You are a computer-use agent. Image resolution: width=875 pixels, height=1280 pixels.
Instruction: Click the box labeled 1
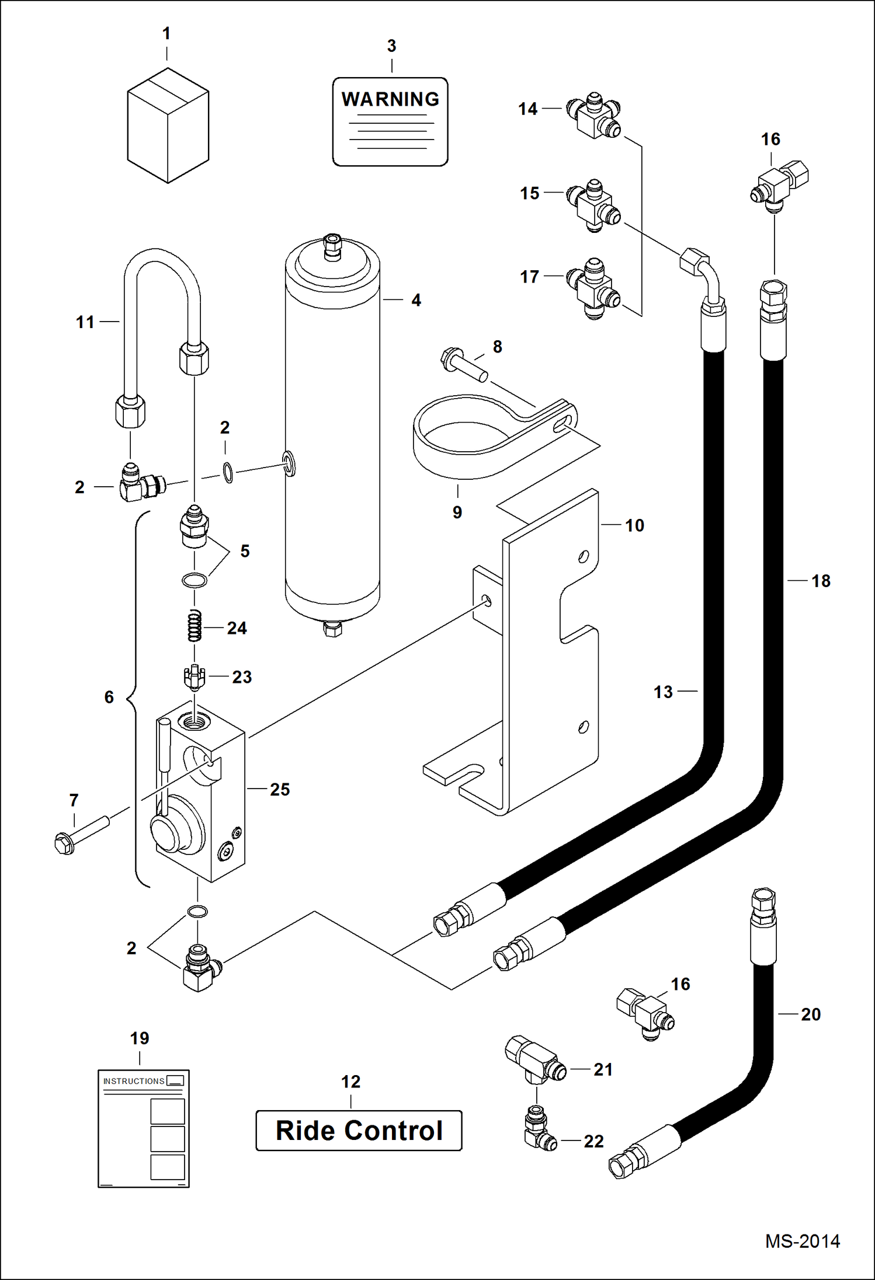click(x=168, y=125)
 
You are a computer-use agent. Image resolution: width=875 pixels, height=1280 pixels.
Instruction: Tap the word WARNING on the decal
click(x=390, y=99)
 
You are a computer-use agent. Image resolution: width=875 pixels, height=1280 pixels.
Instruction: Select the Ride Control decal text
click(x=359, y=1131)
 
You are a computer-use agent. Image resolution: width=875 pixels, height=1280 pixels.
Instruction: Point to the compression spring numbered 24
click(x=194, y=626)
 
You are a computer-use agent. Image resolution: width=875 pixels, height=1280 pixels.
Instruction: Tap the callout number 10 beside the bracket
click(x=634, y=525)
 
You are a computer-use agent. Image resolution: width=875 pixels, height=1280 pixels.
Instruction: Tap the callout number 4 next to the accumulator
click(x=416, y=300)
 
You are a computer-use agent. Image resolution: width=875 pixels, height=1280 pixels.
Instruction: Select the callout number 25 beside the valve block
click(x=280, y=790)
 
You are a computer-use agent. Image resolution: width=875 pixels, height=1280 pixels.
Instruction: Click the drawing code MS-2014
click(x=803, y=1241)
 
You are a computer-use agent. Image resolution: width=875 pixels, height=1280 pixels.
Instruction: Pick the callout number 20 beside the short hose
click(x=811, y=1014)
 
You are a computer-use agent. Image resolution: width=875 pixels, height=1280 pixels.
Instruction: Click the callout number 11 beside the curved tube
click(x=85, y=322)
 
